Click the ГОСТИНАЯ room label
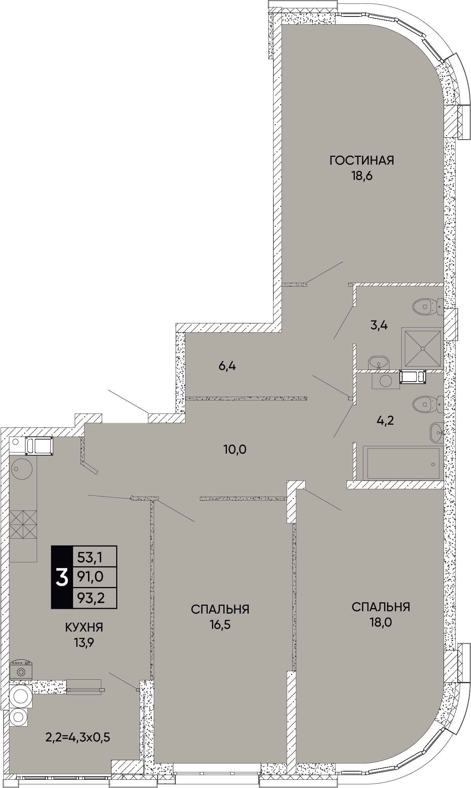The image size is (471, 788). click(361, 160)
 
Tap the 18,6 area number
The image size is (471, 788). click(361, 176)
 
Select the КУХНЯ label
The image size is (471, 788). click(84, 628)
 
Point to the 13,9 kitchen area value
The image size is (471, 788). click(84, 643)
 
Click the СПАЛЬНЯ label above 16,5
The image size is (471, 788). click(220, 609)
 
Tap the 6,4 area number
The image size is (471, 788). click(227, 366)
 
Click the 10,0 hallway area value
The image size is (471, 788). click(235, 449)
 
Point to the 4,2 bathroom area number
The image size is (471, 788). click(385, 420)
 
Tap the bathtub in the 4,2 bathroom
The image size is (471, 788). click(403, 463)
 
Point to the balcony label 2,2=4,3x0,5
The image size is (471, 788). click(78, 738)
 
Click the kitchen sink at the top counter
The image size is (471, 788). click(39, 446)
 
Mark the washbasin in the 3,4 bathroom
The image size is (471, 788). click(379, 362)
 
